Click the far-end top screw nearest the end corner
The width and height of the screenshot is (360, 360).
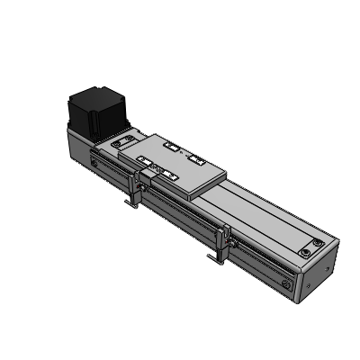coord(319,243)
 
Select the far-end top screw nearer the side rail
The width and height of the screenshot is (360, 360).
coord(301,250)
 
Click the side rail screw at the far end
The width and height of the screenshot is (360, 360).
coord(287,284)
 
